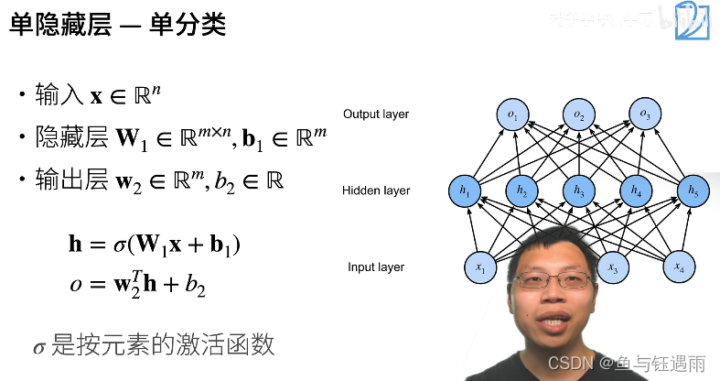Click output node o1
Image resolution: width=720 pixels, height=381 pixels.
512,114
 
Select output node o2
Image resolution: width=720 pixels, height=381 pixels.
578,114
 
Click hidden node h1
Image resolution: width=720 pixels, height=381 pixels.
465,190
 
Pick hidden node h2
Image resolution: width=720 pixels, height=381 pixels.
521,190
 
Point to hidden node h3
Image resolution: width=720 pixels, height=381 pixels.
578,190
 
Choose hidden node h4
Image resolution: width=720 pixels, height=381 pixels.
635,190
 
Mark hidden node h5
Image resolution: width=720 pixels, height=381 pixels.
692,190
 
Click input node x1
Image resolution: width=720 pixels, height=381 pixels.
480,267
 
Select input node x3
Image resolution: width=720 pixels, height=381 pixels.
613,267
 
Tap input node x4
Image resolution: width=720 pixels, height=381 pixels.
678,267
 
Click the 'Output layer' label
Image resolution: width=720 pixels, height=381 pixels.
376,114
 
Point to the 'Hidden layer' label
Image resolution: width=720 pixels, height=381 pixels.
376,190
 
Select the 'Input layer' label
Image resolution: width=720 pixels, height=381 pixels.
376,267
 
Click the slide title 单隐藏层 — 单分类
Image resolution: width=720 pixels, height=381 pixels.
118,25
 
